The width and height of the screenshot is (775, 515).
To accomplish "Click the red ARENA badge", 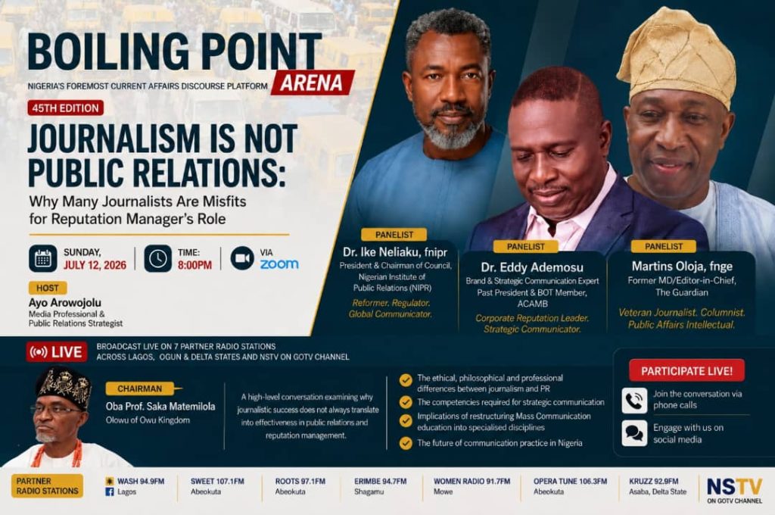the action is coord(313,82).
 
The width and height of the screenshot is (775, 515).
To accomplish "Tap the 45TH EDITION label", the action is coord(66,108).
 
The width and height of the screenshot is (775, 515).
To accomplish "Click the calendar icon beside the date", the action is coord(43,258).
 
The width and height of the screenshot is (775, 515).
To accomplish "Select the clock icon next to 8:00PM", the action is coord(157,258).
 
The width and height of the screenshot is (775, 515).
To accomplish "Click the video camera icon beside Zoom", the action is coord(242,258).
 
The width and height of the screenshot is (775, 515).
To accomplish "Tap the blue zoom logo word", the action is coord(279,264).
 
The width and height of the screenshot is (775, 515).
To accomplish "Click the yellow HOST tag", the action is coord(48,288).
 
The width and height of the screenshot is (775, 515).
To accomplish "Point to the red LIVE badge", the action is coord(57,351).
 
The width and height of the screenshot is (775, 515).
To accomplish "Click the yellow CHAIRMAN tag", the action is coord(140,389).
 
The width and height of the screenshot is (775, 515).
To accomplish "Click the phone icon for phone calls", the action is coord(635,400).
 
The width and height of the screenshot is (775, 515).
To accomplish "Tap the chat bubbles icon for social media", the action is coord(635,433).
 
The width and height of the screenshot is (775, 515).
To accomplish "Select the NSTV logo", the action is coord(734,489).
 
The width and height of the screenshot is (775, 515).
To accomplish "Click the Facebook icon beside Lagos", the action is coord(110,492).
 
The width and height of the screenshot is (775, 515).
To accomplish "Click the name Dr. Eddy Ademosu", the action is coord(532,267).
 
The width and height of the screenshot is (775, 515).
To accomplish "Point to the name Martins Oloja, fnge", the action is coord(682,267).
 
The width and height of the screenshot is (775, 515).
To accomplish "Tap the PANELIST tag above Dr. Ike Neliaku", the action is coord(394,235).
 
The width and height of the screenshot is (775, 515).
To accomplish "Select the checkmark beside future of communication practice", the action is coord(406,443).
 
